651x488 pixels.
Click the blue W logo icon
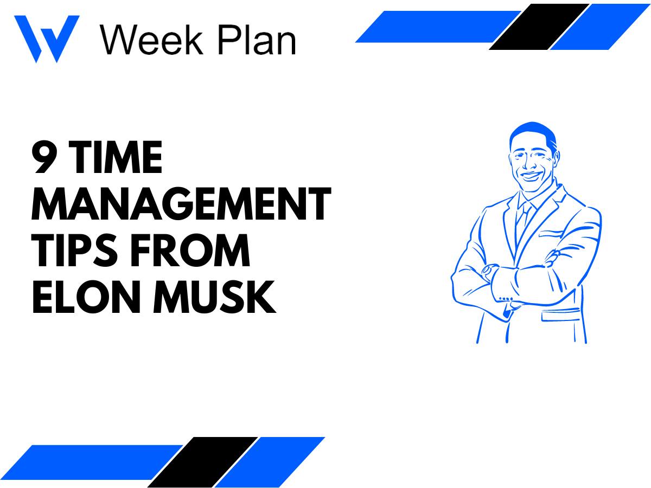[46, 38]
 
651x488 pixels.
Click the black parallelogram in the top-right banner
[539, 27]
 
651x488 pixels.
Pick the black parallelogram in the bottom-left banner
[202, 462]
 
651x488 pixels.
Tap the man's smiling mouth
[531, 176]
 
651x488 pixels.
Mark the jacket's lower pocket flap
[561, 314]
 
